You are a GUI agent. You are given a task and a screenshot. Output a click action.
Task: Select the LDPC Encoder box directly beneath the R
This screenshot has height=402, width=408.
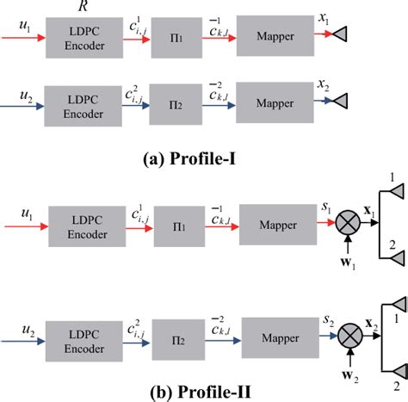[83, 38]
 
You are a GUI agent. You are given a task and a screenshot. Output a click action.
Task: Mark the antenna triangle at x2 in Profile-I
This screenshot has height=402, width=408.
[341, 102]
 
